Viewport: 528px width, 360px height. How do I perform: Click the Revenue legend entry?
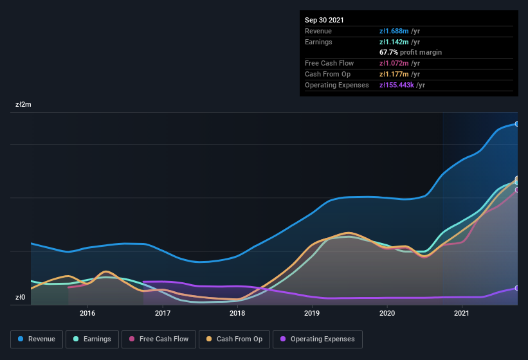[x=37, y=339]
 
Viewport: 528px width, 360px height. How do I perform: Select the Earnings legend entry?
[x=93, y=339]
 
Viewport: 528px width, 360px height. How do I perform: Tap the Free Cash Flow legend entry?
[x=159, y=339]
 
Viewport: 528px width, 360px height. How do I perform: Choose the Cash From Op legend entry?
[x=234, y=339]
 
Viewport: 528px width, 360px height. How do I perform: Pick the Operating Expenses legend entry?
[x=317, y=339]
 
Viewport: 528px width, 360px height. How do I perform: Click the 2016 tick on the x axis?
[x=87, y=313]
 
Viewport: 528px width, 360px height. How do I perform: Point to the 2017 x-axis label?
[x=163, y=313]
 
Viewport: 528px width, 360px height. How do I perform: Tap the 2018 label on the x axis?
[x=237, y=313]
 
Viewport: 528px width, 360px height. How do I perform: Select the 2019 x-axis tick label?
[x=312, y=313]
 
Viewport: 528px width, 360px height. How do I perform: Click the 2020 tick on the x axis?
[x=387, y=313]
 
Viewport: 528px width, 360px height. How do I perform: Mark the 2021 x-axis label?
[x=461, y=313]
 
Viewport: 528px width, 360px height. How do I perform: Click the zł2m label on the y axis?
[x=24, y=104]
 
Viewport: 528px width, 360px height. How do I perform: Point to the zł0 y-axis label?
[x=20, y=297]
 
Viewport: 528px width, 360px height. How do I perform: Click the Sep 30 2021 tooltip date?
[x=324, y=20]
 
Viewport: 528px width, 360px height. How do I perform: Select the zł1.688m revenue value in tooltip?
[x=399, y=31]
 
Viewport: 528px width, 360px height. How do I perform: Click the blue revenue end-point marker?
[x=516, y=124]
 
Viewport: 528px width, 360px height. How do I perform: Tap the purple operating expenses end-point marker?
[x=516, y=288]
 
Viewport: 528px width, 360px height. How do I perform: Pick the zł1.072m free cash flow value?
[x=399, y=63]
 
